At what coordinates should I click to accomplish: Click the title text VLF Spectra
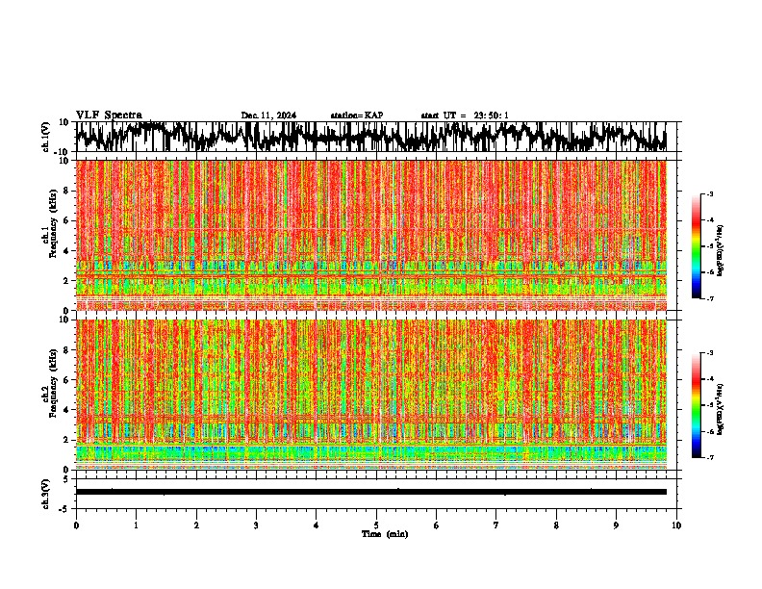coord(109,115)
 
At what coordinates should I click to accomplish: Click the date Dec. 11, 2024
coord(268,115)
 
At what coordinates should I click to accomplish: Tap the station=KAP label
coord(356,115)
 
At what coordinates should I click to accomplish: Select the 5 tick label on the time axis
coord(376,525)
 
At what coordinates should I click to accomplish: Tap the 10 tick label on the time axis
coord(676,525)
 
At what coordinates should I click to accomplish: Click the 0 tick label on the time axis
coord(76,525)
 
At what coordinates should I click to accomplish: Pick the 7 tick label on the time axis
coord(496,525)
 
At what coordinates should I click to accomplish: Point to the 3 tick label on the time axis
coord(256,525)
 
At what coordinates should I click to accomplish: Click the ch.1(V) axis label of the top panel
coord(45,137)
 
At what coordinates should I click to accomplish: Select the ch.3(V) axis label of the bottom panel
coord(45,492)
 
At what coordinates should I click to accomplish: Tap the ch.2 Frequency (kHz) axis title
coord(48,393)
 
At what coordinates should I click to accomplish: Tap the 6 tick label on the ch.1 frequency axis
coord(67,220)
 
